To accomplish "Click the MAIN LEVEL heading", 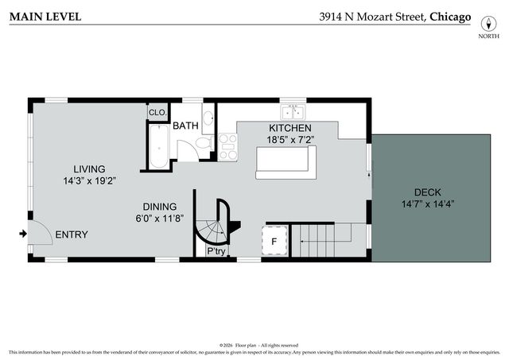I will coord(45,16).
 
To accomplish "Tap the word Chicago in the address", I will coord(450,16).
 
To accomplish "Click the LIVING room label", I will coord(89,168).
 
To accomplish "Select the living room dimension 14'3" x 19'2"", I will coord(89,180).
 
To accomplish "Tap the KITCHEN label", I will coord(289,128).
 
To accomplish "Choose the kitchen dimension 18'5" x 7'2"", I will coord(289,140).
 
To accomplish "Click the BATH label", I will coord(185,126).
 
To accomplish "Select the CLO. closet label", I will coord(157,113).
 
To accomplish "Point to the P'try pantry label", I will coord(216,251).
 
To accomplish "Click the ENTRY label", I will coord(72,234).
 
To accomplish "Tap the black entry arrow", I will coord(23,234).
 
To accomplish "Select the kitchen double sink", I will coord(293,111).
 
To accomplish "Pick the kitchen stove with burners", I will coord(227,146).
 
